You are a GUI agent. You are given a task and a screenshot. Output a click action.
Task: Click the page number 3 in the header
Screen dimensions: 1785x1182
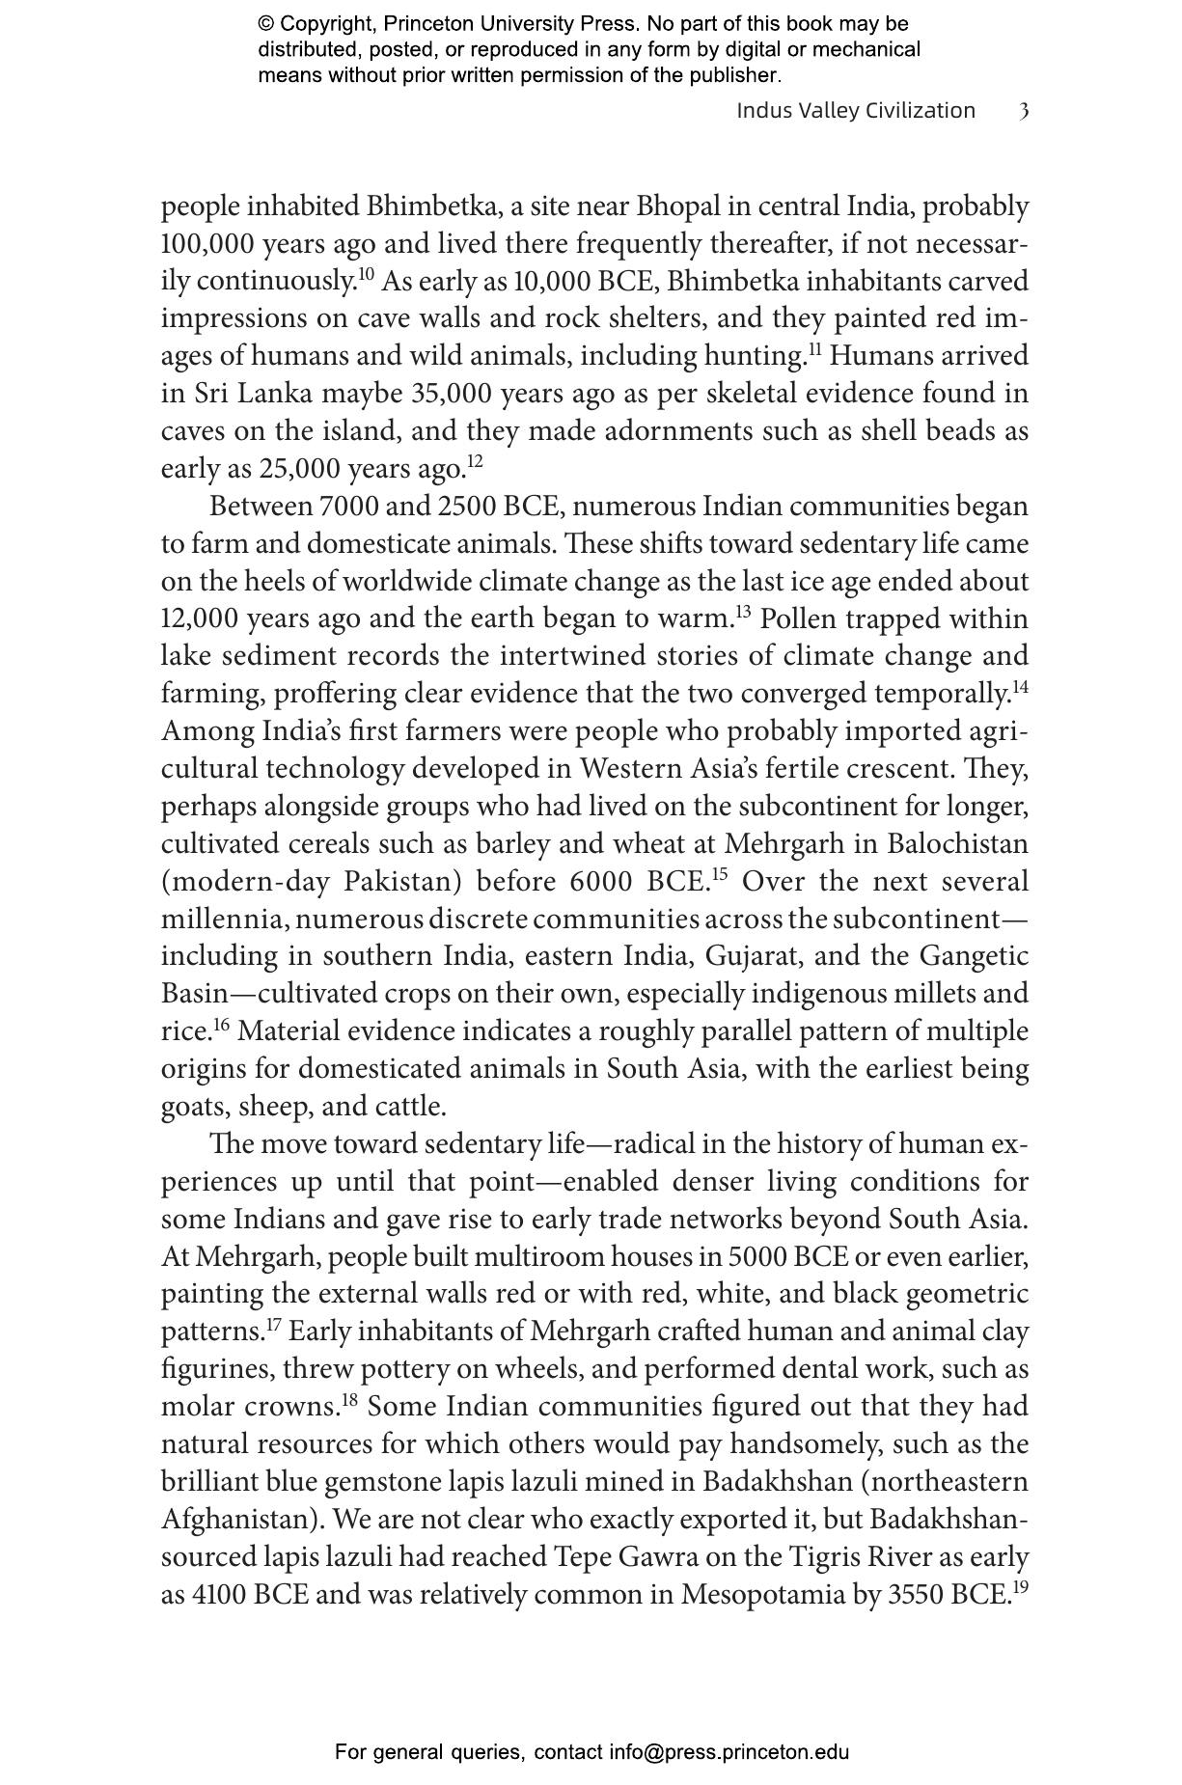(1024, 111)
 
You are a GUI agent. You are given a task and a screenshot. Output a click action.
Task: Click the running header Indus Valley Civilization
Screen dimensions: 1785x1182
(856, 111)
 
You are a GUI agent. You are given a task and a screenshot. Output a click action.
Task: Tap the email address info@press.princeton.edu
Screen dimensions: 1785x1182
(728, 1752)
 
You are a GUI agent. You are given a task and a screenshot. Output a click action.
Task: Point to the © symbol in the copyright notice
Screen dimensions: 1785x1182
(266, 24)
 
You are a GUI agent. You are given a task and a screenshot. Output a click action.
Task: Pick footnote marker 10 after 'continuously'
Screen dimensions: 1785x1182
(367, 274)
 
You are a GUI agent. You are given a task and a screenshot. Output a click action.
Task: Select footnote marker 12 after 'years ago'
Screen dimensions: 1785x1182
(475, 461)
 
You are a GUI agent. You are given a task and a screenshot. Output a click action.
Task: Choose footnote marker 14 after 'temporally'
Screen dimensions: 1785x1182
(1020, 687)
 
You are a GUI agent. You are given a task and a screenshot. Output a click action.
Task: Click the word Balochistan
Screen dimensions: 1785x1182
(957, 844)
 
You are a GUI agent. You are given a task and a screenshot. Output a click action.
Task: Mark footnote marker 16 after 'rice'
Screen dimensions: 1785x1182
(221, 1025)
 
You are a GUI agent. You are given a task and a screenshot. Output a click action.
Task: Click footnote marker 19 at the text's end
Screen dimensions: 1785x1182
(1020, 1587)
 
